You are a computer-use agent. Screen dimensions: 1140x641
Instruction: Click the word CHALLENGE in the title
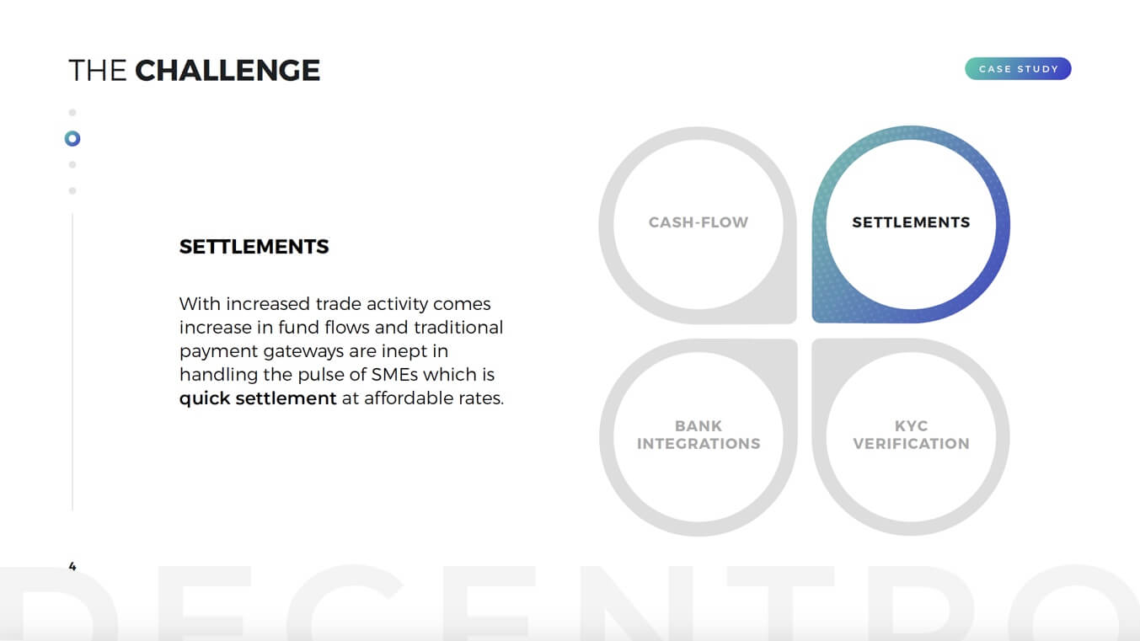pyautogui.click(x=227, y=70)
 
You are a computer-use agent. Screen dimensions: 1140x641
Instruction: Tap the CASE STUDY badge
pyautogui.click(x=1018, y=69)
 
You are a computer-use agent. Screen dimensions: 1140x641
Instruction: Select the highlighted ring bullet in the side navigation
pyautogui.click(x=72, y=138)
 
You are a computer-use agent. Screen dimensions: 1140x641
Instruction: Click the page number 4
pyautogui.click(x=72, y=566)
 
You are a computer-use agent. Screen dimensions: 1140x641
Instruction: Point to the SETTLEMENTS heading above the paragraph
pyautogui.click(x=254, y=247)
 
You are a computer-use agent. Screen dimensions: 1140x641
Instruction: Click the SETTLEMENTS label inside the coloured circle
pyautogui.click(x=911, y=222)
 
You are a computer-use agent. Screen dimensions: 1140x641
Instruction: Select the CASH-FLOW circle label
pyautogui.click(x=698, y=222)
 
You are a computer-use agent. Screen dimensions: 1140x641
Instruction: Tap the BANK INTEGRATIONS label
pyautogui.click(x=698, y=435)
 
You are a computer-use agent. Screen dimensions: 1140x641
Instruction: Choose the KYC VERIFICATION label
pyautogui.click(x=911, y=435)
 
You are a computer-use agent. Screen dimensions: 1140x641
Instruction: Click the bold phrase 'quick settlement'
pyautogui.click(x=258, y=398)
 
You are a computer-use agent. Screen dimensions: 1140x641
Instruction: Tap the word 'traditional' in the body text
pyautogui.click(x=458, y=327)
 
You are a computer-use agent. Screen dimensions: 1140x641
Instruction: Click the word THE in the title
pyautogui.click(x=98, y=70)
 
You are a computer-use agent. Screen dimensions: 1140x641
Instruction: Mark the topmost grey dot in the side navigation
pyautogui.click(x=72, y=112)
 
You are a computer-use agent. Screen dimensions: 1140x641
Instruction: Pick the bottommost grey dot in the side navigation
pyautogui.click(x=72, y=190)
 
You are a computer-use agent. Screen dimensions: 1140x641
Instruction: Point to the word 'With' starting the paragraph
pyautogui.click(x=200, y=304)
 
